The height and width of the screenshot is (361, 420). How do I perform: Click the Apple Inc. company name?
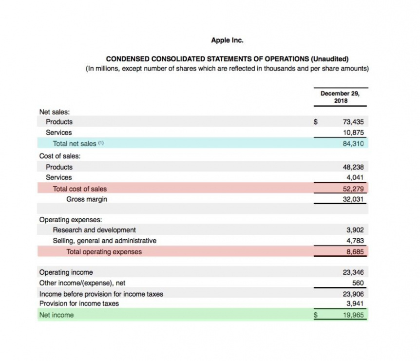tap(227, 40)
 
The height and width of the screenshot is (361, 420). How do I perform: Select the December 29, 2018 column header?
tap(342, 96)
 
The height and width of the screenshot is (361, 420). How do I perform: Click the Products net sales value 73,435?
tap(353, 122)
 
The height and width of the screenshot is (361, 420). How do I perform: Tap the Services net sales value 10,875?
tap(353, 133)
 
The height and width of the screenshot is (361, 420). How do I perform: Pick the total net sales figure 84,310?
tap(353, 143)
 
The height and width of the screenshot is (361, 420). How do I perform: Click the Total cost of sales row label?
tap(79, 189)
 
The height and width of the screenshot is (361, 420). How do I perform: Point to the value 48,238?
tap(353, 167)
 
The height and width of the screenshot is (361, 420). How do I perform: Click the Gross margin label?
tap(87, 199)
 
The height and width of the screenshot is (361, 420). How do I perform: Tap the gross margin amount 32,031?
tap(353, 199)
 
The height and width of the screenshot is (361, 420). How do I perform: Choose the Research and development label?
tap(94, 230)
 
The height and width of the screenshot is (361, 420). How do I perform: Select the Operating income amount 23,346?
tap(353, 272)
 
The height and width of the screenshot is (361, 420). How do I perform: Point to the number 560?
tap(358, 283)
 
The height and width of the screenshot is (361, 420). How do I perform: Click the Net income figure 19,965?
tap(353, 315)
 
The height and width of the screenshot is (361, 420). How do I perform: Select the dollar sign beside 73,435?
tap(316, 122)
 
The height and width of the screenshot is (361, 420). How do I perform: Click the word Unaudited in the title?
tap(329, 58)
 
